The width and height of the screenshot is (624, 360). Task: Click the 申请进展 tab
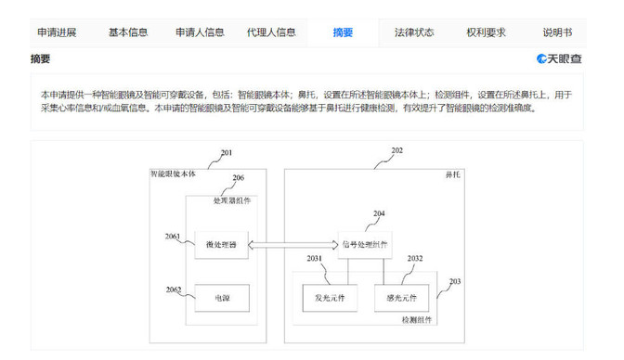click(57, 32)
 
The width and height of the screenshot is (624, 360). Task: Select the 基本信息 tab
click(127, 32)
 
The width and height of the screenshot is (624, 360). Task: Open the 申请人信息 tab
click(200, 32)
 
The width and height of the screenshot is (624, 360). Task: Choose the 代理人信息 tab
click(271, 32)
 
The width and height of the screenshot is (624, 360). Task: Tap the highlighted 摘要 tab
click(343, 32)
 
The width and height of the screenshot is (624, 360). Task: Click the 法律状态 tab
click(414, 32)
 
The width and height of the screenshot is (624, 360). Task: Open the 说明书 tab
click(558, 32)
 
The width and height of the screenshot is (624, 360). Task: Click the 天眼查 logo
click(559, 59)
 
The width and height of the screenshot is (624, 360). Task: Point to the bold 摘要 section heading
click(41, 59)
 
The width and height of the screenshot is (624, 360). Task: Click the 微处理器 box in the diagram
click(221, 245)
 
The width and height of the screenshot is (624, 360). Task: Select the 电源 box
click(221, 298)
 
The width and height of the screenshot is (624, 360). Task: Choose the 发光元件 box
click(326, 298)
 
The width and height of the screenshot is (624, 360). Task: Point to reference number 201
click(227, 152)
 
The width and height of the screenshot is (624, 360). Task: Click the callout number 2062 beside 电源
click(175, 289)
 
